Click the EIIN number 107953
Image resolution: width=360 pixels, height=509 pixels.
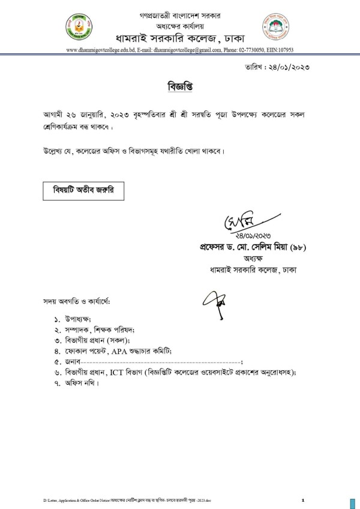[x=283, y=51]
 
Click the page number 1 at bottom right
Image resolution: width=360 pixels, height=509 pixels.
[x=304, y=499]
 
